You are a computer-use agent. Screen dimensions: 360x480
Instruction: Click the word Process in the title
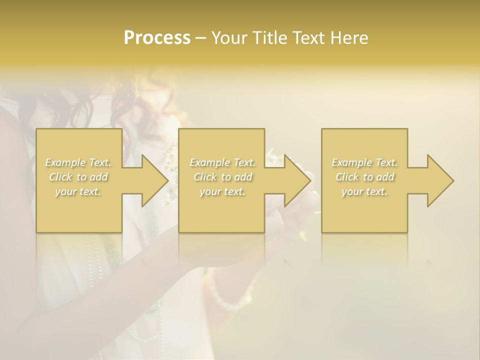pyautogui.click(x=157, y=38)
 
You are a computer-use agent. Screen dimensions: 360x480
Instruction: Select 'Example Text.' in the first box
pyautogui.click(x=78, y=162)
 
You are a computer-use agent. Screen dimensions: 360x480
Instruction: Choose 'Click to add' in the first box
pyautogui.click(x=78, y=177)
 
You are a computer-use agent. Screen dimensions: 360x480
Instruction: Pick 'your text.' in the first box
pyautogui.click(x=78, y=191)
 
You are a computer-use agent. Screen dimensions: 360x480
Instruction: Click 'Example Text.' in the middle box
pyautogui.click(x=222, y=162)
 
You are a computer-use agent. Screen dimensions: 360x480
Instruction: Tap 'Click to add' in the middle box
pyautogui.click(x=222, y=177)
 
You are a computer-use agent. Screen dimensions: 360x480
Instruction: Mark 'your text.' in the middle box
pyautogui.click(x=222, y=191)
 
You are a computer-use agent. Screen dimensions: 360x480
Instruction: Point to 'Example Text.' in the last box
pyautogui.click(x=364, y=162)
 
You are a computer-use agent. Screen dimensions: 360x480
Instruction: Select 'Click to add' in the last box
pyautogui.click(x=364, y=177)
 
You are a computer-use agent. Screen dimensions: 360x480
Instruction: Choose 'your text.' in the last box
pyautogui.click(x=364, y=191)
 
